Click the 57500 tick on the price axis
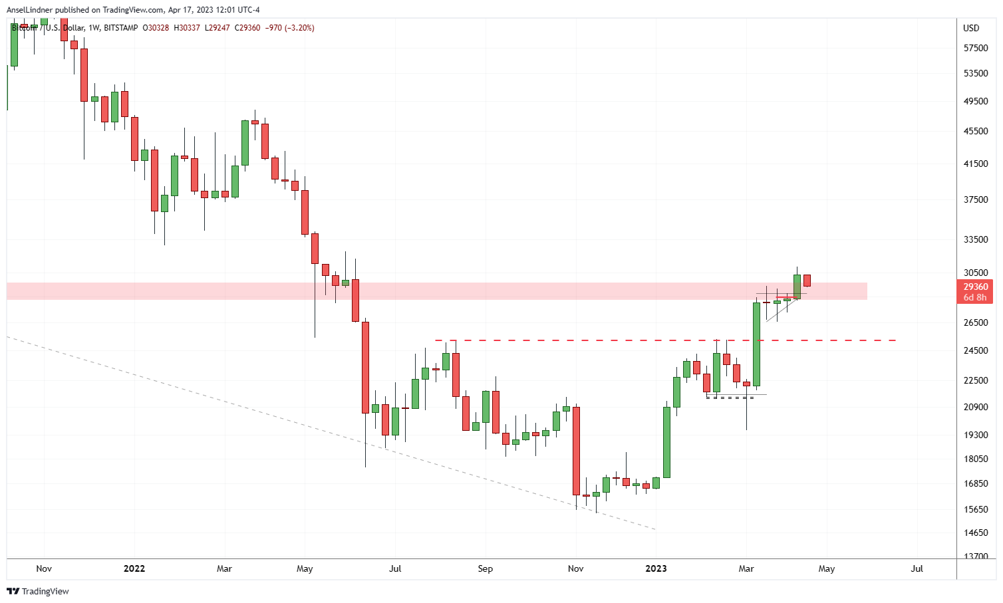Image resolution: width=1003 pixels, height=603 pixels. click(x=976, y=49)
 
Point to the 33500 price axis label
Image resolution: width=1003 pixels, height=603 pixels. click(x=976, y=239)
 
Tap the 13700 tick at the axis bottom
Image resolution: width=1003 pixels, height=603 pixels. click(x=976, y=556)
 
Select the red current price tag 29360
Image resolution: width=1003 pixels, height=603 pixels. click(x=975, y=287)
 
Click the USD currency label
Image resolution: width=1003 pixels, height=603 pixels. click(x=971, y=28)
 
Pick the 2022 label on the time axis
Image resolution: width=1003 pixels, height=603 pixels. click(x=134, y=568)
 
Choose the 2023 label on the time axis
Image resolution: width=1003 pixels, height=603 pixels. click(x=656, y=568)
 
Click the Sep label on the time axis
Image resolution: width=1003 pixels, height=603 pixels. click(x=486, y=568)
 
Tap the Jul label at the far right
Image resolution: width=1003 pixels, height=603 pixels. click(x=917, y=568)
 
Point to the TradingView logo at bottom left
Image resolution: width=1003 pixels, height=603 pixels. click(x=39, y=591)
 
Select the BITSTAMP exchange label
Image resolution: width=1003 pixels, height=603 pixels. click(x=121, y=28)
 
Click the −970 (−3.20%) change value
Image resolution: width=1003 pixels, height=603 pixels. click(x=289, y=28)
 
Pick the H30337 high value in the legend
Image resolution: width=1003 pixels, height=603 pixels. click(x=187, y=28)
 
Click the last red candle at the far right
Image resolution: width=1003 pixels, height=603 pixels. click(x=807, y=281)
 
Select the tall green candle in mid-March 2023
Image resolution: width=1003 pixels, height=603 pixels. click(x=756, y=344)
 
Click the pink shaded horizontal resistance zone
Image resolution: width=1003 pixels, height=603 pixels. click(x=466, y=291)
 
